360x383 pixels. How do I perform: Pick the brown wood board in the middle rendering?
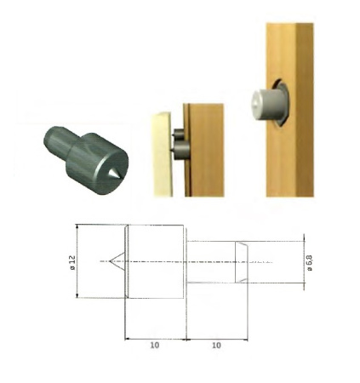pyautogui.click(x=204, y=150)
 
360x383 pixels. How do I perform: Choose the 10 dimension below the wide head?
pyautogui.click(x=155, y=346)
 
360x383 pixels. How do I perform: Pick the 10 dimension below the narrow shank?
pyautogui.click(x=215, y=346)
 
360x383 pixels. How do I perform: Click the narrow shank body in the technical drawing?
pyautogui.click(x=213, y=261)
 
